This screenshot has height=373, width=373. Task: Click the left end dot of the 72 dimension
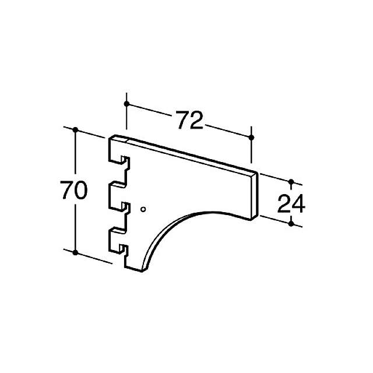coord(126,103)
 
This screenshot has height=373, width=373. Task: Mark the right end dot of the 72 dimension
coord(252,137)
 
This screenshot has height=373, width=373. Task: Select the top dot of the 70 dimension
coord(75,128)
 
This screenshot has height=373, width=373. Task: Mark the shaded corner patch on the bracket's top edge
coord(119,139)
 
